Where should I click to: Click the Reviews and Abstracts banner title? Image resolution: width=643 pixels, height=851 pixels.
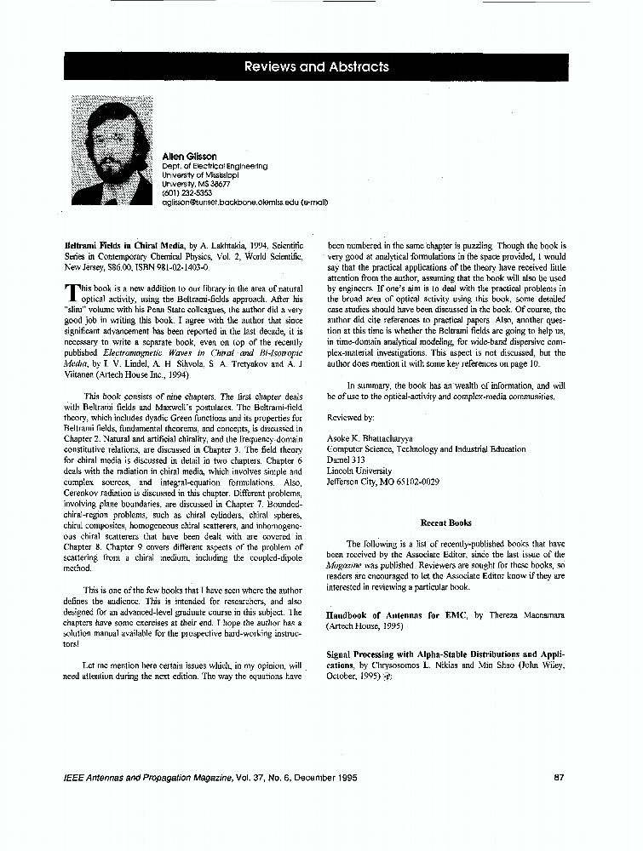316,66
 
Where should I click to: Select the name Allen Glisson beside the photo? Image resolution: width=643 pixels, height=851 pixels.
189,157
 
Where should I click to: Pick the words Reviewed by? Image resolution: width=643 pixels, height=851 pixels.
350,418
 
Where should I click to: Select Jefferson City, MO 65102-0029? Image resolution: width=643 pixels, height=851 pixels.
383,481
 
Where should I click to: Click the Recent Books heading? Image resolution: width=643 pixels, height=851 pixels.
445,523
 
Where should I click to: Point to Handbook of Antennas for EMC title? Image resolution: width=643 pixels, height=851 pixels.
396,614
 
